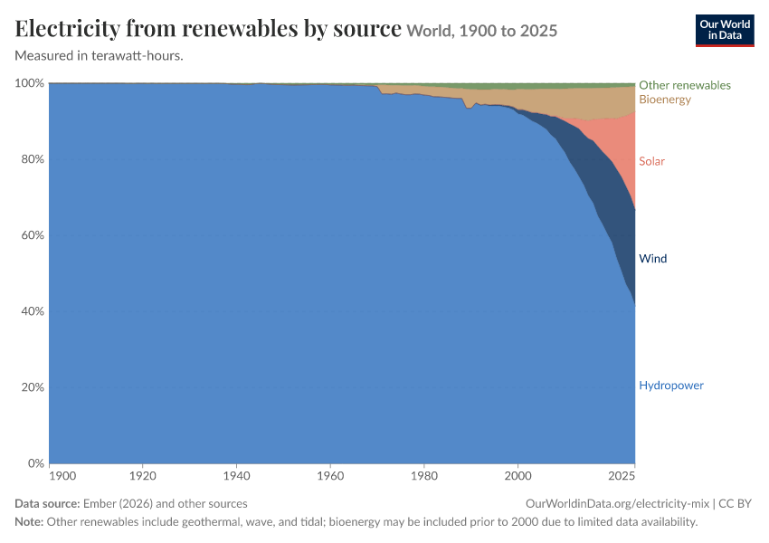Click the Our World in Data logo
click(x=725, y=31)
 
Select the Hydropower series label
click(x=671, y=386)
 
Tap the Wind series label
click(x=653, y=259)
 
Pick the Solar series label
click(x=651, y=161)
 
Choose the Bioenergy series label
click(x=665, y=100)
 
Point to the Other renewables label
click(x=685, y=85)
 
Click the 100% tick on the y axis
click(x=30, y=83)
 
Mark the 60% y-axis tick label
click(x=33, y=235)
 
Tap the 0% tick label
click(x=36, y=463)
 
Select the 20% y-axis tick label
click(x=33, y=387)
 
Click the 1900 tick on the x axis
click(x=62, y=476)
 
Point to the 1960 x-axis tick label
click(x=330, y=476)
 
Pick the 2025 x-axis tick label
click(x=622, y=476)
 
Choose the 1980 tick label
click(x=424, y=476)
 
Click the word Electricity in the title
click(x=67, y=28)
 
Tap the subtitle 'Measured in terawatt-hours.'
click(x=100, y=56)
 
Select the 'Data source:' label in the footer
click(x=47, y=504)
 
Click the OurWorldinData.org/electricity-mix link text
click(x=617, y=504)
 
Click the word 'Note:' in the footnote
click(x=29, y=522)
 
